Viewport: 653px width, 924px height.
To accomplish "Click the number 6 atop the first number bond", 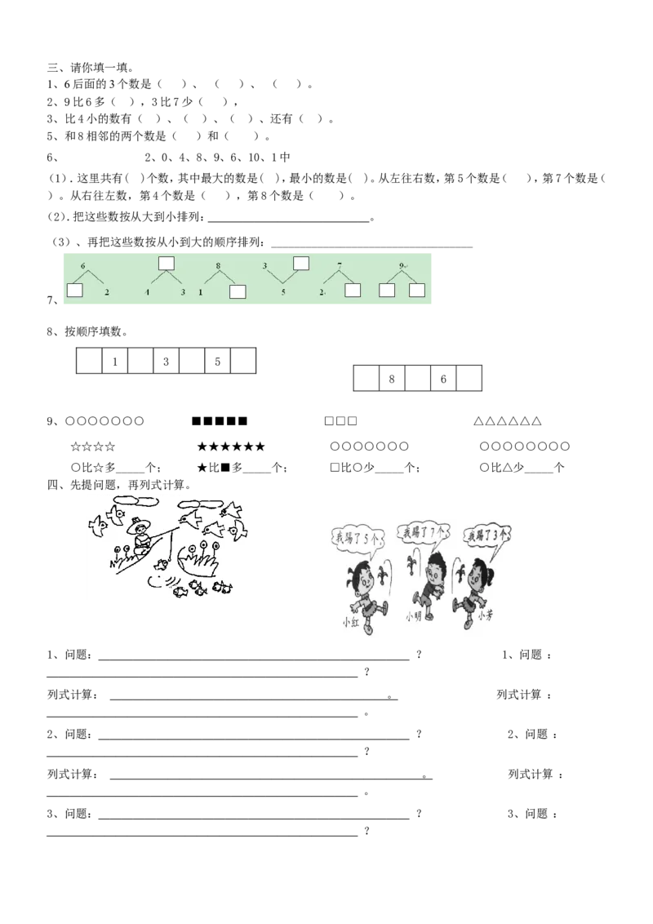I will tap(82, 266).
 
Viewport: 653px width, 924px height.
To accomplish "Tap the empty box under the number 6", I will tap(75, 290).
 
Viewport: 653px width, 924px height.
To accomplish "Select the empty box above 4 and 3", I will tap(167, 263).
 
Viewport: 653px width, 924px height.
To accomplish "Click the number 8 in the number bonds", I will tap(218, 266).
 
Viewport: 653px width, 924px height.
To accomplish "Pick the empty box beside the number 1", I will tap(238, 292).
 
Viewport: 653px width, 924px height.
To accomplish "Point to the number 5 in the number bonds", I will tap(283, 291).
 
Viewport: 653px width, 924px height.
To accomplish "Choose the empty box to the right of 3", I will tap(301, 263).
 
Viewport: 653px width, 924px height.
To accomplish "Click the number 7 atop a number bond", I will tap(339, 266).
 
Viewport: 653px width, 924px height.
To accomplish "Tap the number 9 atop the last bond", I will tap(402, 266).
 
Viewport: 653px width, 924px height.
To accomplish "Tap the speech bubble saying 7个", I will tap(420, 533).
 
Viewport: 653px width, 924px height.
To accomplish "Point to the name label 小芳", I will tap(484, 618).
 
